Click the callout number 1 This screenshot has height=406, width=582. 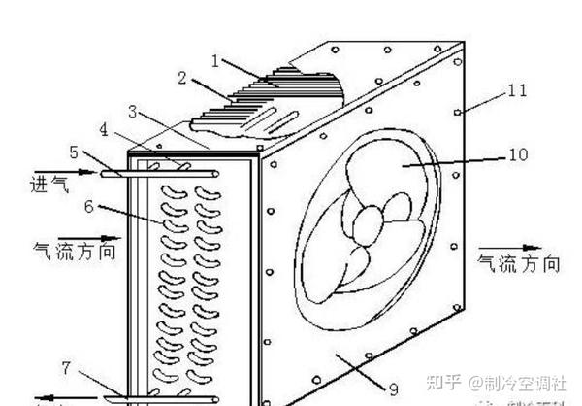pos(215,60)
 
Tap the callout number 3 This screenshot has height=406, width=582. pos(132,112)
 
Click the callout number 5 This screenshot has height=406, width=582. pos(75,152)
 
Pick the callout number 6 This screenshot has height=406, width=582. pos(88,206)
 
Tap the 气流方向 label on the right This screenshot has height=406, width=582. pos(518,264)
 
